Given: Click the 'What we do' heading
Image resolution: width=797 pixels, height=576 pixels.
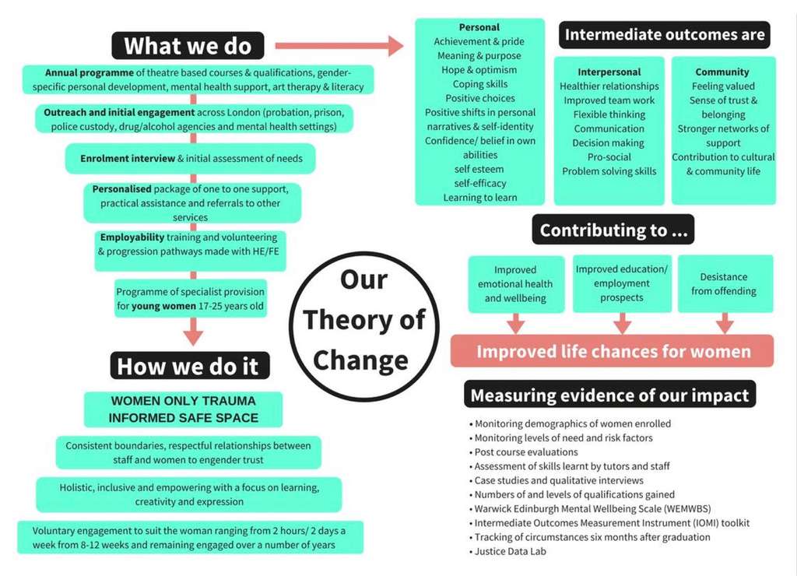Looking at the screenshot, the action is (188, 46).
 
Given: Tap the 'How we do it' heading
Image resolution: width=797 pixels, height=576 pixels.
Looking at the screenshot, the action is (190, 366).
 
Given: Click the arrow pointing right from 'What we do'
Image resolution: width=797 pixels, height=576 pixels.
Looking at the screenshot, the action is (339, 46).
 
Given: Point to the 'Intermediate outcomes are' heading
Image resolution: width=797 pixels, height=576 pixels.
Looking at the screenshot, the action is (665, 34).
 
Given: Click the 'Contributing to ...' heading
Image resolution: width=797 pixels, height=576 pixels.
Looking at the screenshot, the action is (613, 230).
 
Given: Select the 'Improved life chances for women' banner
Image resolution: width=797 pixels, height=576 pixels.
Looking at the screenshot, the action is (613, 351).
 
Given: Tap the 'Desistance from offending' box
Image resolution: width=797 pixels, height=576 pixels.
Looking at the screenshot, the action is (725, 283).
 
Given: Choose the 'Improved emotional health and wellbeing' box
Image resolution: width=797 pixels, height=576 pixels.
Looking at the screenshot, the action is (516, 283).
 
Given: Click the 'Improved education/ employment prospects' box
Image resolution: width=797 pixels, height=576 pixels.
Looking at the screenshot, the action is (622, 283).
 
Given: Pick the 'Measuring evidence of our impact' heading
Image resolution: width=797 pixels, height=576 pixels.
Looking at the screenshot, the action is (609, 395).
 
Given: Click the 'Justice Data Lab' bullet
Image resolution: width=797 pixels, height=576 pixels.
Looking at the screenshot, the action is (507, 551).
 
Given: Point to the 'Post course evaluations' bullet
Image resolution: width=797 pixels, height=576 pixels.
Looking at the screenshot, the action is (524, 452).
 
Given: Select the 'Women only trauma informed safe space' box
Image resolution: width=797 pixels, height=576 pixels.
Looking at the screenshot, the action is (183, 409).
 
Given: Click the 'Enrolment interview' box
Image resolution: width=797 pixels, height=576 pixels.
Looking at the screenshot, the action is (190, 159).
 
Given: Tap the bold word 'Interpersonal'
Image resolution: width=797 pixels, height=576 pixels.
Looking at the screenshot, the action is (609, 72).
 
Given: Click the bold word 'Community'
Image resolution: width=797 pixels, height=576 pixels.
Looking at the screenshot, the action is (722, 72).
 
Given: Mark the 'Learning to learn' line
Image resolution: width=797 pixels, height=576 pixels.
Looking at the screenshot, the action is (479, 198).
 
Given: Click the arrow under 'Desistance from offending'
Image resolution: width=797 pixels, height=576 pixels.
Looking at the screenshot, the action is (725, 323).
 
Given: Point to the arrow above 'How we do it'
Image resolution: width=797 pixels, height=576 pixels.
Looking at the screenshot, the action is (193, 331).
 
